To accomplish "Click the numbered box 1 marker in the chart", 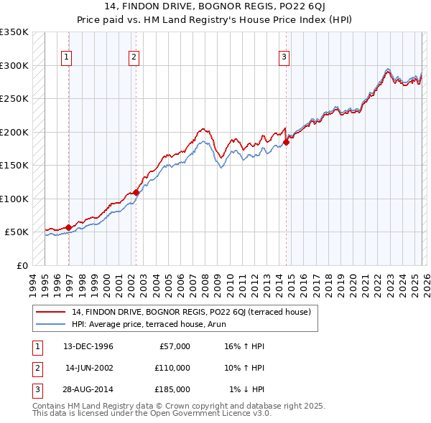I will pyautogui.click(x=66, y=58).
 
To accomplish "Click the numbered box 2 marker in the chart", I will pyautogui.click(x=134, y=58).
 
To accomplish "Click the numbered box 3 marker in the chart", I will pyautogui.click(x=284, y=58).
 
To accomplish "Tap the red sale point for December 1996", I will pyautogui.click(x=69, y=227).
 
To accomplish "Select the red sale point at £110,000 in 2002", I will pyautogui.click(x=136, y=192).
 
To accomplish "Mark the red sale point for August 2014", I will pyautogui.click(x=286, y=142).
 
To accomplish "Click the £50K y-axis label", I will pyautogui.click(x=16, y=232).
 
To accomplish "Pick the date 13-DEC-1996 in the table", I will pyautogui.click(x=88, y=346).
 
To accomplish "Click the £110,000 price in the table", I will pyautogui.click(x=172, y=368).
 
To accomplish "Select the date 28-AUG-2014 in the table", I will pyautogui.click(x=88, y=389).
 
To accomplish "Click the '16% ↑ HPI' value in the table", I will pyautogui.click(x=244, y=346).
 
